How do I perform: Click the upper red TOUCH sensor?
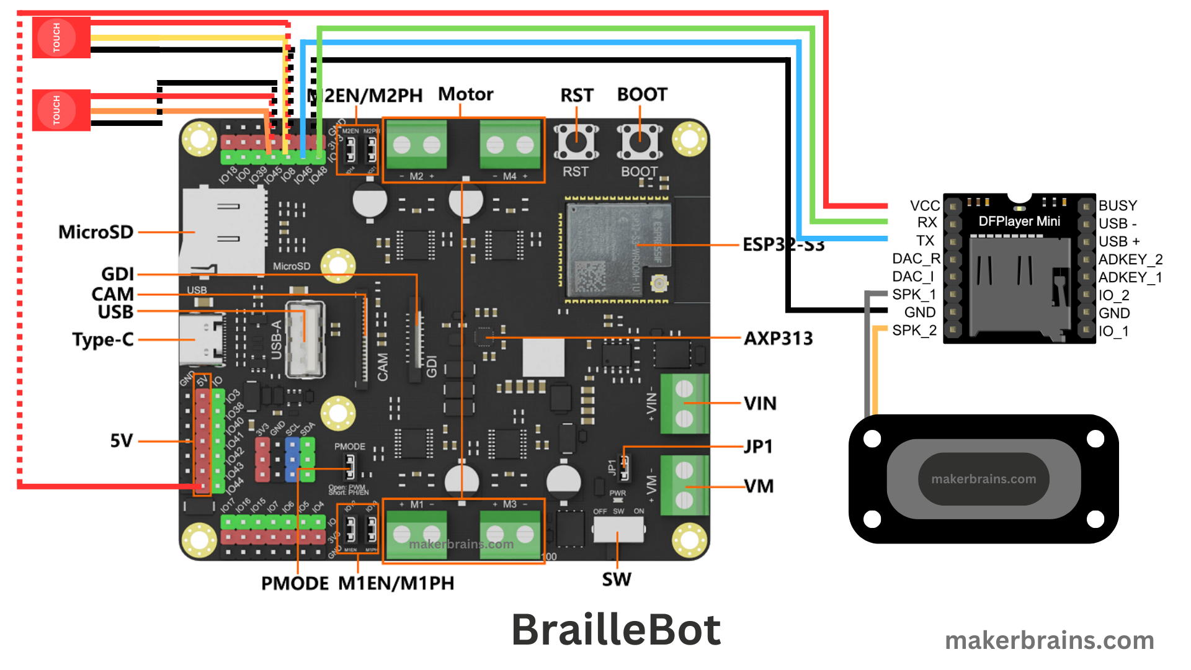(x=61, y=38)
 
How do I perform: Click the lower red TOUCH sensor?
(x=61, y=110)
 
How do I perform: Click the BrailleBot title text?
(x=615, y=630)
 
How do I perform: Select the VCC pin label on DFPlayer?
(x=924, y=205)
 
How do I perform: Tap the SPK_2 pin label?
(x=914, y=330)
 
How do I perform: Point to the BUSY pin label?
(x=1117, y=205)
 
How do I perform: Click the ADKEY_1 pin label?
(x=1130, y=277)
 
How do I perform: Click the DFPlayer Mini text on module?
(x=1019, y=221)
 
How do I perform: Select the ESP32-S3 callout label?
(x=783, y=245)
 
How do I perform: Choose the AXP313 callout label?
(x=778, y=338)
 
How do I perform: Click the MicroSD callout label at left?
(x=96, y=232)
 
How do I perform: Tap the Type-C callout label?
(x=102, y=339)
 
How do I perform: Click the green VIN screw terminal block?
(x=684, y=404)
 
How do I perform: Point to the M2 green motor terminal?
(x=416, y=146)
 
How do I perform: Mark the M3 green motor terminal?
(x=510, y=532)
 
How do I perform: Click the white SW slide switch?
(x=618, y=528)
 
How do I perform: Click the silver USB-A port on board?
(x=305, y=339)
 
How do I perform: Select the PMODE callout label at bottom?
(x=295, y=583)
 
